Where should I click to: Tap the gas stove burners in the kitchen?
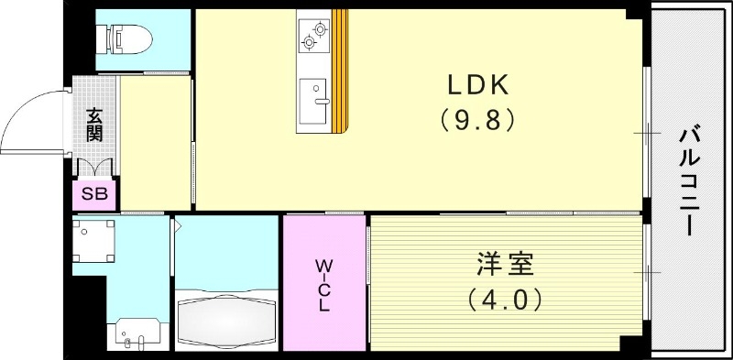[312, 35]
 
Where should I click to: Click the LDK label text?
[477, 85]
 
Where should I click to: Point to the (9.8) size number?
[477, 120]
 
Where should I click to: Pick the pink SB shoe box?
[94, 193]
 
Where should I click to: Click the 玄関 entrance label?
[94, 124]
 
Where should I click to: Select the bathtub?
[225, 317]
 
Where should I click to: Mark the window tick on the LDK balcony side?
[648, 133]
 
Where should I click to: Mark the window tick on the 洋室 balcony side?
[648, 272]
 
